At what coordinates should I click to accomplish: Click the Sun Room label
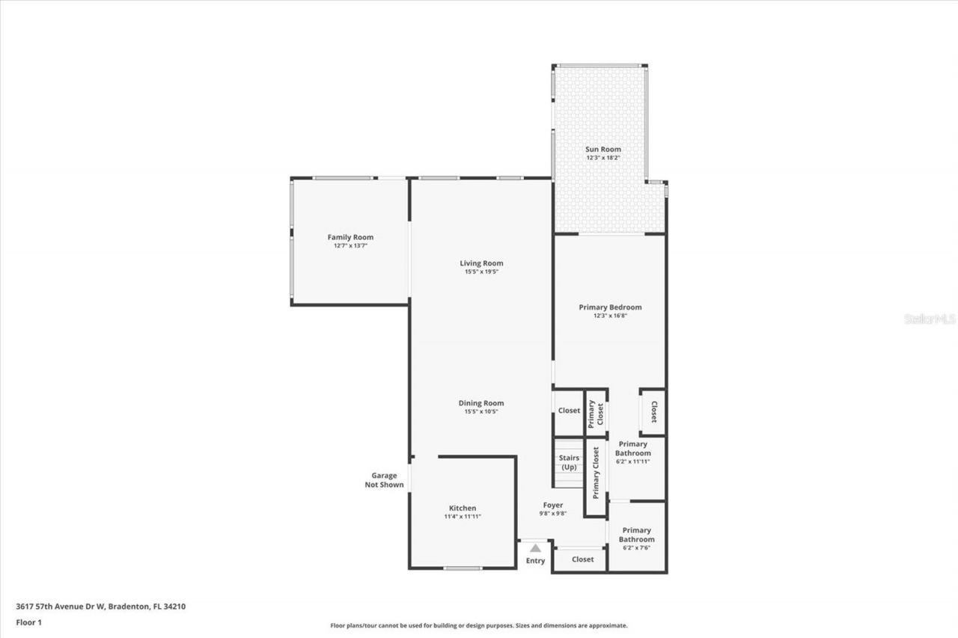[x=602, y=150]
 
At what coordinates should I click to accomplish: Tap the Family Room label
[x=350, y=237]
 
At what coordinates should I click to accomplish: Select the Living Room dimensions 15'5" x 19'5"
[x=481, y=272]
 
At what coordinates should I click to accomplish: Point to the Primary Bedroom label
[x=610, y=307]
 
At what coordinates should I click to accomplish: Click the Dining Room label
[x=481, y=403]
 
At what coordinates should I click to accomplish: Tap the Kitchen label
[x=462, y=508]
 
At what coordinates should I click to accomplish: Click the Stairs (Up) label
[x=570, y=462]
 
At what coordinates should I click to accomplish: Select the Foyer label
[x=553, y=505]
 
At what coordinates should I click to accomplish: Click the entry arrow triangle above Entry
[x=535, y=548]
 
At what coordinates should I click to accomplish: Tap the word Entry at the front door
[x=535, y=561]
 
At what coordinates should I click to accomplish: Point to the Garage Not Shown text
[x=384, y=480]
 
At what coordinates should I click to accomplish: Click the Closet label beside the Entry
[x=582, y=559]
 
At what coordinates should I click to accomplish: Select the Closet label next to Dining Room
[x=569, y=411]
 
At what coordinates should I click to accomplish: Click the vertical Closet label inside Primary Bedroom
[x=653, y=412]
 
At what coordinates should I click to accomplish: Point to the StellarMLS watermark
[x=930, y=319]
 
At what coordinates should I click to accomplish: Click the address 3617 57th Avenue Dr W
[x=100, y=607]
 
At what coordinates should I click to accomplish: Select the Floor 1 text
[x=28, y=622]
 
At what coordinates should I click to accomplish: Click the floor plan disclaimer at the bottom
[x=479, y=625]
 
